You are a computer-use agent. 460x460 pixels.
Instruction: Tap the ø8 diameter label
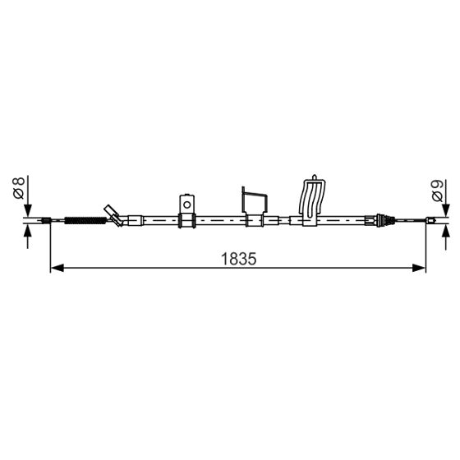(x=19, y=188)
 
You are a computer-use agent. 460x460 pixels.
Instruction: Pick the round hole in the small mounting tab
(x=186, y=204)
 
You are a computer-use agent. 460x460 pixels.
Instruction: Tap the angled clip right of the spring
(x=113, y=214)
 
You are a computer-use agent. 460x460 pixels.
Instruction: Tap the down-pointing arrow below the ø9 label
(x=444, y=210)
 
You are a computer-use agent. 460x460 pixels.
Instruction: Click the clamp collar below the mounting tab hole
(x=186, y=220)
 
